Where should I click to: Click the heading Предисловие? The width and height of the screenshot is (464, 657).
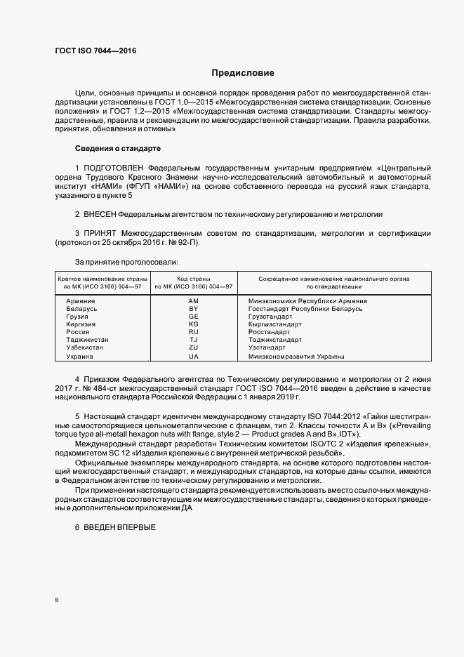(x=243, y=73)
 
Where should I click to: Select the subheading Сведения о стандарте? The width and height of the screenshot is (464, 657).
(x=118, y=149)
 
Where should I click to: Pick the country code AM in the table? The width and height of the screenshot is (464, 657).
(x=194, y=301)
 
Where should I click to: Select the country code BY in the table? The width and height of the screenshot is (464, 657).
(x=194, y=309)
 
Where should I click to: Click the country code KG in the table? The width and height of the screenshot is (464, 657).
(x=194, y=324)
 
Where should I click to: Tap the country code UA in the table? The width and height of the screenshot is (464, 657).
(x=194, y=357)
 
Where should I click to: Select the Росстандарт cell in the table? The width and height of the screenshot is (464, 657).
(x=270, y=332)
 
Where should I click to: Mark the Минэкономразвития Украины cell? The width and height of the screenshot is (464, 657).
(x=296, y=357)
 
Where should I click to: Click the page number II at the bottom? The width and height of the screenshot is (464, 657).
(x=57, y=600)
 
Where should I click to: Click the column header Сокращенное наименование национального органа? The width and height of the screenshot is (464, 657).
(x=333, y=279)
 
